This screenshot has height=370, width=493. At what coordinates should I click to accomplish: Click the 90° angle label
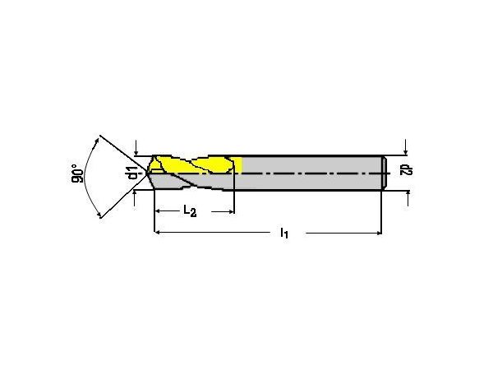click(x=77, y=173)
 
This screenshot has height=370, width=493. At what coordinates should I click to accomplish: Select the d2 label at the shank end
click(x=407, y=170)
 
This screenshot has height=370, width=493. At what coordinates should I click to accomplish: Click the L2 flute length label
click(x=190, y=210)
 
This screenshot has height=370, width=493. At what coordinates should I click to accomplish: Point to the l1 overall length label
click(x=284, y=233)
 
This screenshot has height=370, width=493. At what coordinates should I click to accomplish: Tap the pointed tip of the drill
click(x=146, y=173)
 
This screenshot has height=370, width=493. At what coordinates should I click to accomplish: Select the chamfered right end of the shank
click(x=385, y=173)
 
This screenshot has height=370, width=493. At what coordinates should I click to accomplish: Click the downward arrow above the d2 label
click(x=406, y=147)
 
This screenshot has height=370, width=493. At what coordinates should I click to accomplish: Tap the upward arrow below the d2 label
click(x=408, y=198)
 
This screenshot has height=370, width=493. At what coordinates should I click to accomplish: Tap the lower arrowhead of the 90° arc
click(x=99, y=215)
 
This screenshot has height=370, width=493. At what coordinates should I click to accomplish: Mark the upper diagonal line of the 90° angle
click(x=123, y=155)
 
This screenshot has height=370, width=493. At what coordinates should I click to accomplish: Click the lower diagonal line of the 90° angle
click(x=124, y=196)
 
